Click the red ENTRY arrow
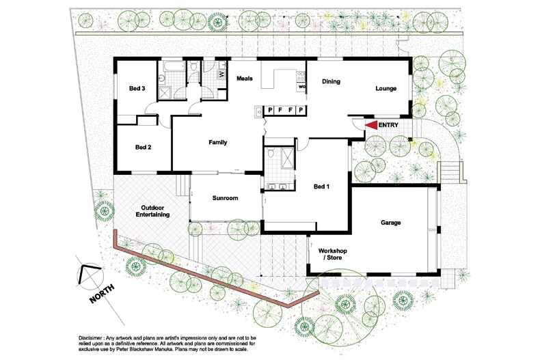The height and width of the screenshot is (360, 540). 371,125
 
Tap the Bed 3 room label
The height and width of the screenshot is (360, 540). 137,88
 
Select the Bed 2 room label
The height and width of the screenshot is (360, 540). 144,148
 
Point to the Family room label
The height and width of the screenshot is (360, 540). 217,143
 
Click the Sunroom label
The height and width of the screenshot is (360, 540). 226,198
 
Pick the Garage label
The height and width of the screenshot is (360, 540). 391,223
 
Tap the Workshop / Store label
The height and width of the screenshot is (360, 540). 333,254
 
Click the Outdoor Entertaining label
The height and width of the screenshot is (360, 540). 152,211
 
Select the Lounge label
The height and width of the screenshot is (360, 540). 386,88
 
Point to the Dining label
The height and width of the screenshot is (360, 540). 331,81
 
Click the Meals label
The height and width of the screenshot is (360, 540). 245,79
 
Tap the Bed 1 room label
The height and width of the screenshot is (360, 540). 322,186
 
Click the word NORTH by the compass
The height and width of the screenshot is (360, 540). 102,294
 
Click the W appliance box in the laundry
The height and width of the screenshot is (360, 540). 221,74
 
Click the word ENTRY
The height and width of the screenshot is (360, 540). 388,125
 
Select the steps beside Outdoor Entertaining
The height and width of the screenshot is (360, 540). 183,185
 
